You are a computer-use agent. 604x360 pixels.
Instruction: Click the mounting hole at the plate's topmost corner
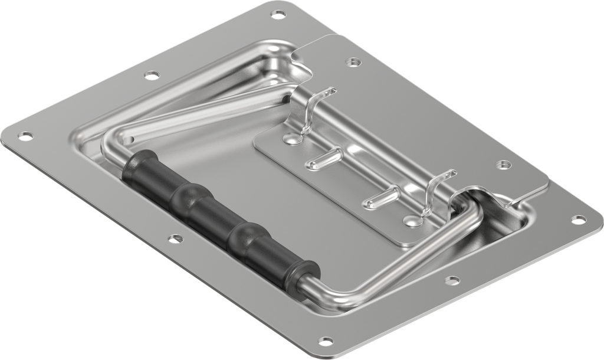pyautogui.click(x=277, y=14)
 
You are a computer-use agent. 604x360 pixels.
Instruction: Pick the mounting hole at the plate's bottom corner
pyautogui.click(x=326, y=341)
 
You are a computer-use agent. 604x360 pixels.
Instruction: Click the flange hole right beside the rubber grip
pyautogui.click(x=174, y=238)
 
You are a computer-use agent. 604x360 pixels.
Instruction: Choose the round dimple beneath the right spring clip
pyautogui.click(x=412, y=221)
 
